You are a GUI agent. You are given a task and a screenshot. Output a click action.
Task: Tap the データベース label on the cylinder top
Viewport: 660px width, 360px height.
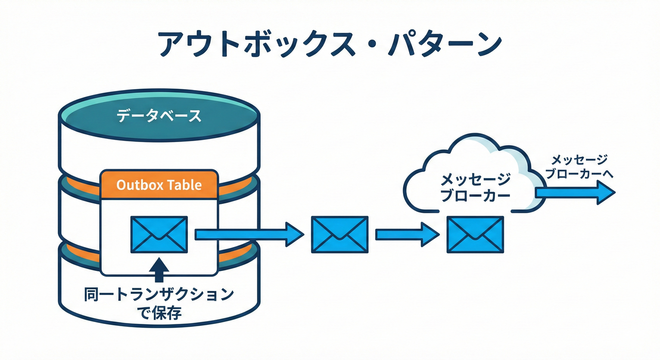click(159, 116)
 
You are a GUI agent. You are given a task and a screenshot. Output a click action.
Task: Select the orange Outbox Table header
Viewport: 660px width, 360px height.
click(159, 185)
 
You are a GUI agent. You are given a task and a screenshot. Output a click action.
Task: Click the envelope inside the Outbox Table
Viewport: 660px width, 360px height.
click(159, 235)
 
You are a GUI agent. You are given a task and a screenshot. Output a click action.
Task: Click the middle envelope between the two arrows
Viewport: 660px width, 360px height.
click(339, 234)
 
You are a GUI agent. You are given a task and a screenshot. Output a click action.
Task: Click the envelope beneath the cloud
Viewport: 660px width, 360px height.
click(475, 234)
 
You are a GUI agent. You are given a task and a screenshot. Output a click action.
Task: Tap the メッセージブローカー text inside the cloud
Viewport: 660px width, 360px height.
click(475, 187)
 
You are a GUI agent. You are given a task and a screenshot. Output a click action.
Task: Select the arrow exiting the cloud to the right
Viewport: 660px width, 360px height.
click(574, 193)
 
